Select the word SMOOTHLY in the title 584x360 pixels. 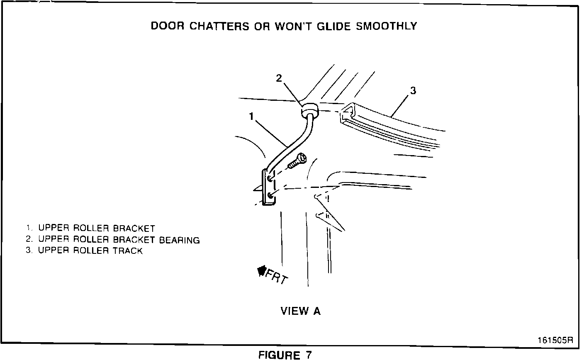point(387,26)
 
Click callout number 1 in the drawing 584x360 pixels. point(251,117)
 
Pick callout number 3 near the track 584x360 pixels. point(413,91)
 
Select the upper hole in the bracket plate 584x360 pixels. point(270,178)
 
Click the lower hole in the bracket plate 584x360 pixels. point(270,195)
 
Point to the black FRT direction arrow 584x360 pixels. point(262,271)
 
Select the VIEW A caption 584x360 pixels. point(301,311)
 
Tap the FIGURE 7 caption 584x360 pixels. point(285,355)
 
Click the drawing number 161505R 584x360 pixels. point(555,340)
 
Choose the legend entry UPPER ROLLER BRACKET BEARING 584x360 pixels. point(119,240)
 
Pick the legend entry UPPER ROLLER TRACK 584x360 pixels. point(90,251)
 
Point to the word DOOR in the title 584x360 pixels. point(168,26)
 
